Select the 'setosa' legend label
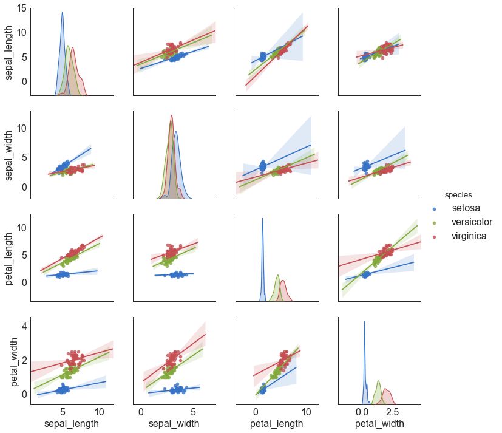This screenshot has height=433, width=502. (x=466, y=209)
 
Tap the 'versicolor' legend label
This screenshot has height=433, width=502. (x=472, y=222)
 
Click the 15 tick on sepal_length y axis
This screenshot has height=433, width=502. (x=21, y=8)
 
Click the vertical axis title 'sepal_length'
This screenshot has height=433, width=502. (x=10, y=51)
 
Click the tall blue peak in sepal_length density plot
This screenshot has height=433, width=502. (x=62, y=13)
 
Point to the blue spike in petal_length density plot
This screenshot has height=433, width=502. (x=262, y=220)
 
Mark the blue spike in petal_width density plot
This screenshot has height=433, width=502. (x=364, y=322)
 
